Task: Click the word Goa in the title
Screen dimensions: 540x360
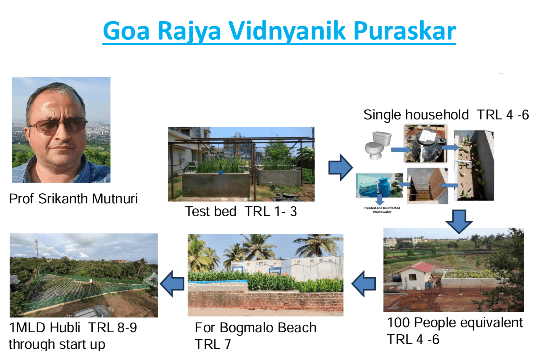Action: pos(126,30)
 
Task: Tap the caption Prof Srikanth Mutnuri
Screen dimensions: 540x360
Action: pos(74,199)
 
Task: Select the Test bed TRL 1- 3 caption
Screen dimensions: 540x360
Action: pos(241,211)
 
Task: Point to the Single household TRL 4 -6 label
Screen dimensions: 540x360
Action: pos(446,115)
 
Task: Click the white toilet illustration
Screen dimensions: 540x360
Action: pos(378,145)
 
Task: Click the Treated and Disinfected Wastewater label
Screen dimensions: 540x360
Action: pos(382,210)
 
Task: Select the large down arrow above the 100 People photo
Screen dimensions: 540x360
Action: pos(459,221)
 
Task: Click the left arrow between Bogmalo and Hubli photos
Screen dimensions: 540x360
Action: pos(172,284)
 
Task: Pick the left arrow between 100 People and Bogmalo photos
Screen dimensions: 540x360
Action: pos(363,284)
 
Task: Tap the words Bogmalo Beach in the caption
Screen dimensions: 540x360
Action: pos(268,327)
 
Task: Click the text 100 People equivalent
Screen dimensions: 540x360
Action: pos(455,323)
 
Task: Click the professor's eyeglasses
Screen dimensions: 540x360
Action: pos(57,126)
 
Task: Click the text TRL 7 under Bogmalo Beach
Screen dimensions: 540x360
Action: pos(213,344)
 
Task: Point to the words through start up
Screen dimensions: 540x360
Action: pos(57,344)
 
